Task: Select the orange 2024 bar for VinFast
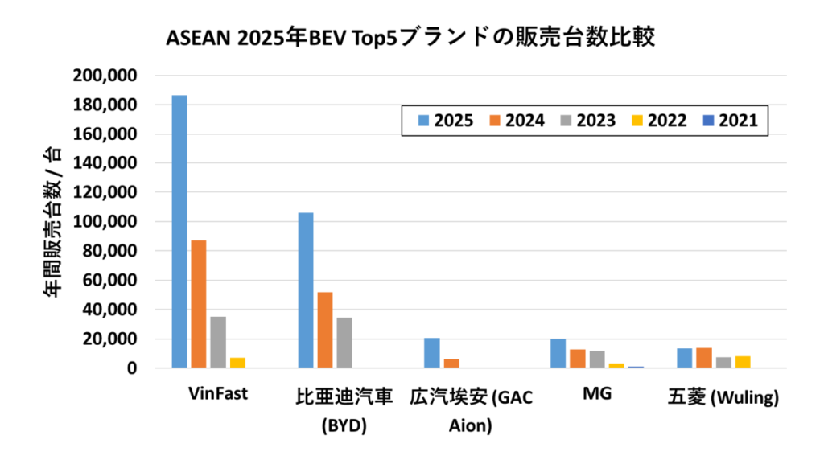pyautogui.click(x=198, y=304)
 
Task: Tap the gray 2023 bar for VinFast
pyautogui.click(x=217, y=343)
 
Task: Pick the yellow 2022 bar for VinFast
pyautogui.click(x=237, y=363)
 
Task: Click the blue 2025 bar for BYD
pyautogui.click(x=306, y=290)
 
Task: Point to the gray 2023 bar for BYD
pyautogui.click(x=344, y=343)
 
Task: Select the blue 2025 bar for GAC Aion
pyautogui.click(x=432, y=353)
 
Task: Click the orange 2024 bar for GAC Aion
pyautogui.click(x=451, y=364)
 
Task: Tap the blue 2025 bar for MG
pyautogui.click(x=558, y=354)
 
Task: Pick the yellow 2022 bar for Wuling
pyautogui.click(x=744, y=362)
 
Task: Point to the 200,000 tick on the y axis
pyautogui.click(x=106, y=76)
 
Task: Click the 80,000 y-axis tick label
pyautogui.click(x=110, y=251)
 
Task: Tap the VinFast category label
pyautogui.click(x=217, y=395)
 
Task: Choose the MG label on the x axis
pyautogui.click(x=595, y=395)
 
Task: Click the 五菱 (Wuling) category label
pyautogui.click(x=723, y=396)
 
